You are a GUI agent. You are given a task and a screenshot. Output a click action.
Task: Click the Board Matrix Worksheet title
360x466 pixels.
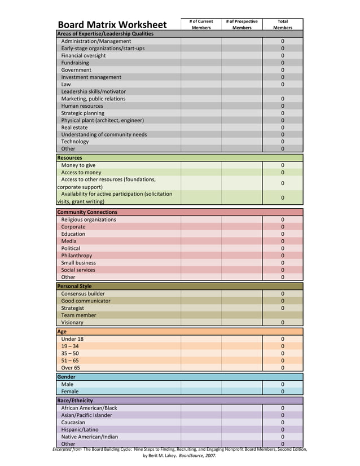pos(112,24)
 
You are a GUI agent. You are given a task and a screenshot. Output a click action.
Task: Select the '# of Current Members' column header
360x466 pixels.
pos(201,24)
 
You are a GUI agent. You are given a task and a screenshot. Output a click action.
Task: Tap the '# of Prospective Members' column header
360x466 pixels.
pos(242,24)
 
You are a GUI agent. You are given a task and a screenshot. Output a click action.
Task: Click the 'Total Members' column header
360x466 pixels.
pos(282,24)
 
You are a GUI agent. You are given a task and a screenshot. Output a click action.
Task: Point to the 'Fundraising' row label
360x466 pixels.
pos(75,63)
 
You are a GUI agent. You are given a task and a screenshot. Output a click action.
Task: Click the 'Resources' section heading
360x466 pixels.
pos(69,158)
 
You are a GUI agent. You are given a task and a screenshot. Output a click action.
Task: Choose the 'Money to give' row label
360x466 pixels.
pos(78,165)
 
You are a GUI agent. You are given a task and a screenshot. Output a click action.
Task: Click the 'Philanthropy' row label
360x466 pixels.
pos(77,256)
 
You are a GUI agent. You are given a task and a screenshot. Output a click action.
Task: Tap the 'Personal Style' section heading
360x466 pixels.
pos(74,286)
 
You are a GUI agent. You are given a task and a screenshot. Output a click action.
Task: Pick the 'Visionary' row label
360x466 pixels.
pos(72,323)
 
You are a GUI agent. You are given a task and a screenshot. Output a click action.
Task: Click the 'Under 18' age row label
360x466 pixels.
pos(73,339)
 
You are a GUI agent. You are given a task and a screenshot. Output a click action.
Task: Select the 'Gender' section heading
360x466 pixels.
pos(66,377)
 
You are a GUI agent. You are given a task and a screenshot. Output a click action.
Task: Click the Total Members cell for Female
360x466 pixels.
pos(282,392)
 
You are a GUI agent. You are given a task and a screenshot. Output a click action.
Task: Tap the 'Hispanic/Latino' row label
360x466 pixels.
pos(80,429)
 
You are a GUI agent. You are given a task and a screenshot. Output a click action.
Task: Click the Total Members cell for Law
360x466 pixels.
pos(282,84)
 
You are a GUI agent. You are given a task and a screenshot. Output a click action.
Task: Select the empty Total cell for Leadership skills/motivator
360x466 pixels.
pos(282,91)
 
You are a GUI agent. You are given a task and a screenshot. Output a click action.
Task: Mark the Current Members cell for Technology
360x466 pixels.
pos(201,142)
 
